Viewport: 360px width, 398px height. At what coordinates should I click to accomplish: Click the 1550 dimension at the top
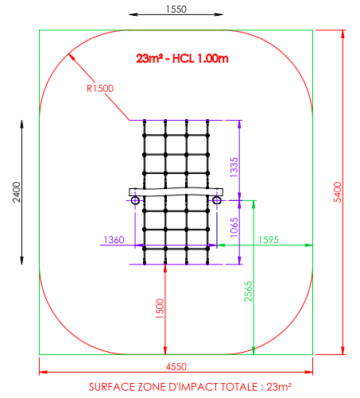(x=176, y=10)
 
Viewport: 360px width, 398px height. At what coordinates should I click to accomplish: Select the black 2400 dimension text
(x=17, y=192)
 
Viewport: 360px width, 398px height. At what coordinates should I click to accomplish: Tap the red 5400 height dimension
(x=338, y=192)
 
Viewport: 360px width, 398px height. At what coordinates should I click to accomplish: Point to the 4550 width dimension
(x=176, y=367)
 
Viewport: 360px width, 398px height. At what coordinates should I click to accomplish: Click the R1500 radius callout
(x=100, y=88)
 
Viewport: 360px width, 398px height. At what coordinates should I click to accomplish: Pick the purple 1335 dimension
(x=234, y=167)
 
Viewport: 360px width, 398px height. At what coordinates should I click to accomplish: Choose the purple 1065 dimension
(x=234, y=227)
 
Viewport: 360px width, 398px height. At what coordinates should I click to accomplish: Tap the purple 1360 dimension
(x=114, y=240)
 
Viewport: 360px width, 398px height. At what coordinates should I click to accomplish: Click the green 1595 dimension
(x=269, y=240)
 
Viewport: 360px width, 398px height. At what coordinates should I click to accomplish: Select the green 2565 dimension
(x=249, y=292)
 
